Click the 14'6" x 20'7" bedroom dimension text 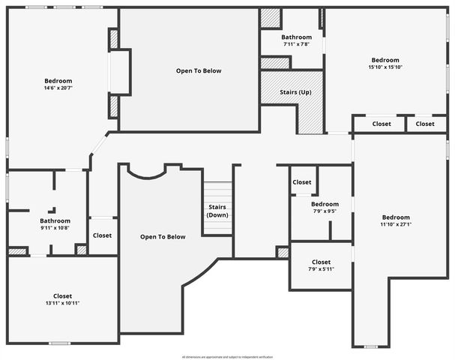tap(58, 88)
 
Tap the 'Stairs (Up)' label tap(295, 92)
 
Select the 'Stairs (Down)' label tap(217, 211)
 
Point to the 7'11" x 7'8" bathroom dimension tap(296, 44)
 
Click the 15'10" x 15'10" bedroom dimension tap(385, 67)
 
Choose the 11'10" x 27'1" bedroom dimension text tap(396, 224)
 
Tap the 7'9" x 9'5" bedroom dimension tap(325, 211)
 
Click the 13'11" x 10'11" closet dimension tap(62, 303)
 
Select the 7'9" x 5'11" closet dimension tap(321, 269)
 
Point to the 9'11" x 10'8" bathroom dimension tap(55, 228)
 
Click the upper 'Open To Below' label tap(199, 71)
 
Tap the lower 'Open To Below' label tap(163, 237)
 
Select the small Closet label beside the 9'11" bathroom tap(102, 235)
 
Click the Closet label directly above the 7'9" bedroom tap(302, 182)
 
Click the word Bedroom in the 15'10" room tap(385, 60)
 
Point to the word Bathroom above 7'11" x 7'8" tap(296, 37)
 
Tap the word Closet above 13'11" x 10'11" tap(62, 295)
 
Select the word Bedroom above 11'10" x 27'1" tap(396, 217)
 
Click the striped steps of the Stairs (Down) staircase tap(217, 192)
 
